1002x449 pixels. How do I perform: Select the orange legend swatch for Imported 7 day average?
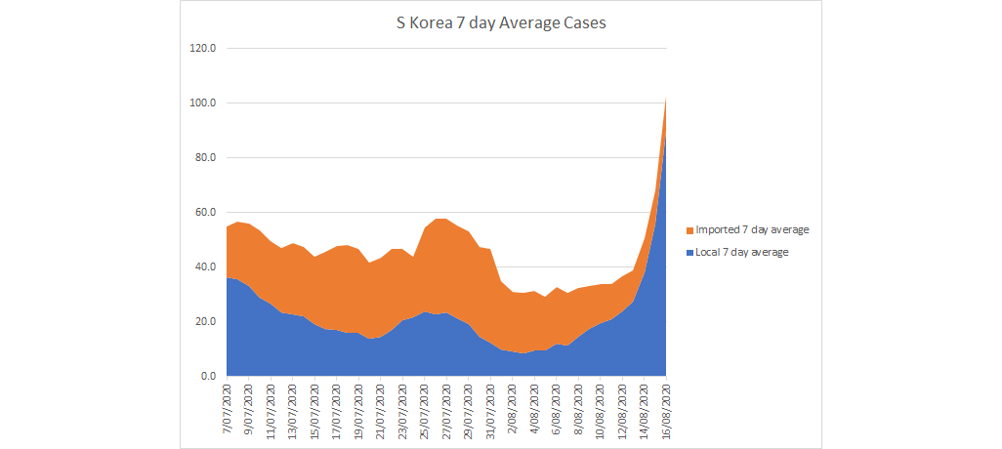pyautogui.click(x=689, y=230)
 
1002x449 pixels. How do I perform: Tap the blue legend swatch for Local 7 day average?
pyautogui.click(x=689, y=252)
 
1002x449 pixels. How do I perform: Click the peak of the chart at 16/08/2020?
pyautogui.click(x=666, y=98)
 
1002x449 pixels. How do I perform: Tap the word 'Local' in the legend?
pyautogui.click(x=709, y=252)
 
